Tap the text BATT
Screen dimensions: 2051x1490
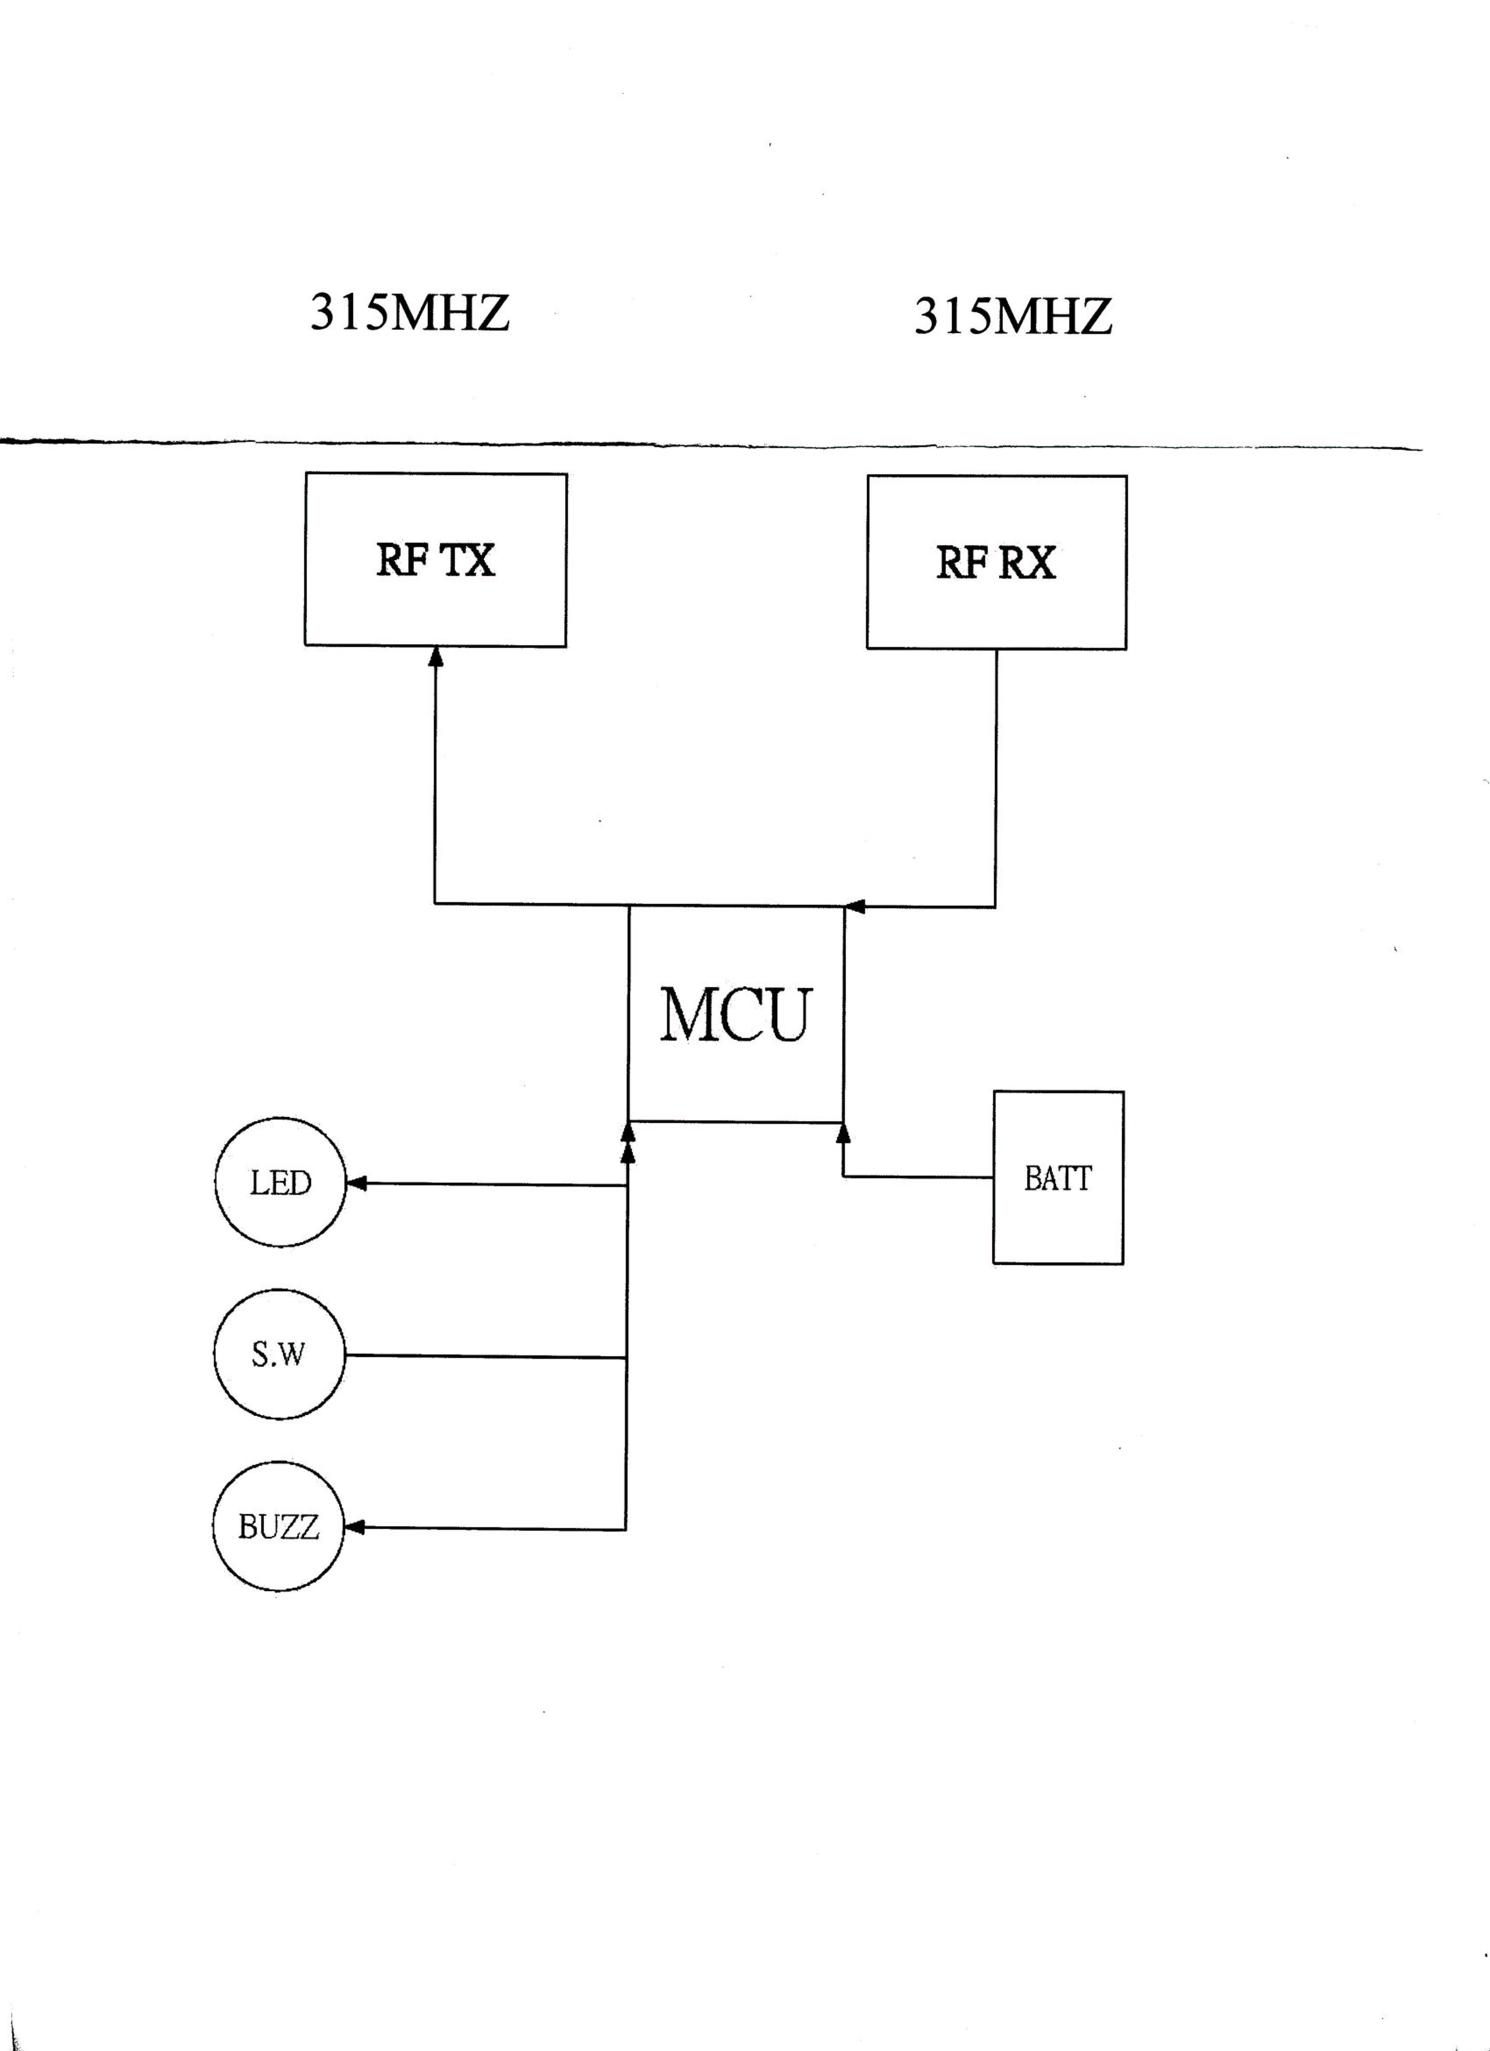(x=1058, y=1179)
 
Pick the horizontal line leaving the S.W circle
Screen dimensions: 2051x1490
(x=488, y=1357)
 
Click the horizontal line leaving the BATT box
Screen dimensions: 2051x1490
(x=918, y=1177)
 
